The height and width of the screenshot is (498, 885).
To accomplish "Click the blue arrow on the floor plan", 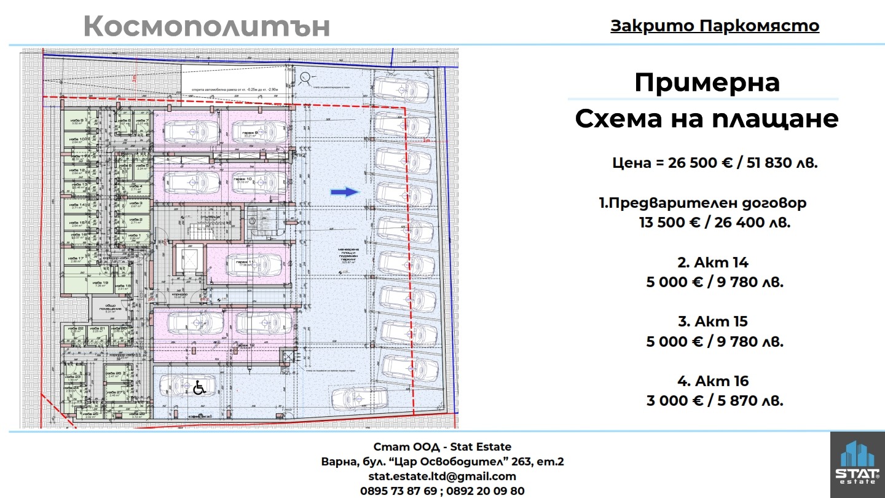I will [345, 192].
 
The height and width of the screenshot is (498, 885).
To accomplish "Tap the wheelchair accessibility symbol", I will [199, 388].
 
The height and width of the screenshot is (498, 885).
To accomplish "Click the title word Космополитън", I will [206, 26].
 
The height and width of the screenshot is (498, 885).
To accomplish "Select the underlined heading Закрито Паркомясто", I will [715, 26].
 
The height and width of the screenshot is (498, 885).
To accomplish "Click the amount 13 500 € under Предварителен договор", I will [671, 222].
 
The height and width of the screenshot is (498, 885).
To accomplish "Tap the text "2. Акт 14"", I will [713, 263].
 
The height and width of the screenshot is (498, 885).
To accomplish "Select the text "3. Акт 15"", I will [713, 322].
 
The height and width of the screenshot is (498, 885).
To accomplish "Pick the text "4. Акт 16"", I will [713, 381].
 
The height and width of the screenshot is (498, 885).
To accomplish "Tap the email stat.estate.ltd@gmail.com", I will [442, 476].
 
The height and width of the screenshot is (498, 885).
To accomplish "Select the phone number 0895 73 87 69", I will [398, 491].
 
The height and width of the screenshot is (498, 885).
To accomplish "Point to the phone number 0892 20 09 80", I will [486, 491].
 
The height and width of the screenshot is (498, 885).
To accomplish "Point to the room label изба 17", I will [76, 259].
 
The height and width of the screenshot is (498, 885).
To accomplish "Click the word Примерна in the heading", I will [707, 82].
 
